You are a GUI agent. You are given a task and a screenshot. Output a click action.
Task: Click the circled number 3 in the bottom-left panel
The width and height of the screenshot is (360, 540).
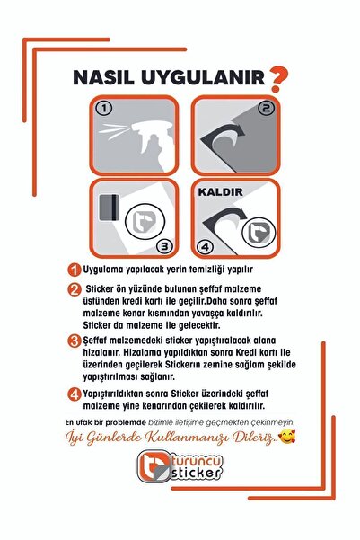(x=164, y=243)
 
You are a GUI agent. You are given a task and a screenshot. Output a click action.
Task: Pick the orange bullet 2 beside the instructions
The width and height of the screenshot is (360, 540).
(x=75, y=289)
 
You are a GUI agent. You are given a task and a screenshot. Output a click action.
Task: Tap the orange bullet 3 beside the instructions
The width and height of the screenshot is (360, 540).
(x=75, y=341)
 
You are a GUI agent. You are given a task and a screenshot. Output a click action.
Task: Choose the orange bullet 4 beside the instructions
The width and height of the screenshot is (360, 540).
(x=75, y=393)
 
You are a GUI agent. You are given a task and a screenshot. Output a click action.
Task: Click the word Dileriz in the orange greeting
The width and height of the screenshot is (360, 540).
(x=246, y=438)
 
